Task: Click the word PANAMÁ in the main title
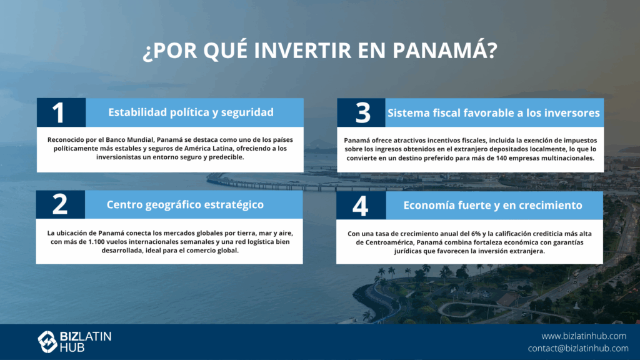click(x=445, y=49)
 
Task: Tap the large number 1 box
click(x=61, y=112)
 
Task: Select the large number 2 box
click(x=61, y=204)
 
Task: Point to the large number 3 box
click(x=361, y=112)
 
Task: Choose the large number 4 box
click(x=361, y=205)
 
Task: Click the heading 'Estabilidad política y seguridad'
click(x=191, y=112)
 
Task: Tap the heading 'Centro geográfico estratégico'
click(x=185, y=204)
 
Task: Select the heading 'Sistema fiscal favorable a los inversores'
click(x=494, y=113)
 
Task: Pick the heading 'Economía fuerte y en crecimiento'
click(x=492, y=205)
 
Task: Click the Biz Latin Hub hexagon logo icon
click(x=47, y=342)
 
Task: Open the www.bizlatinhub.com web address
click(x=584, y=336)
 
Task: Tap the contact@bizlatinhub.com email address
click(x=578, y=348)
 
